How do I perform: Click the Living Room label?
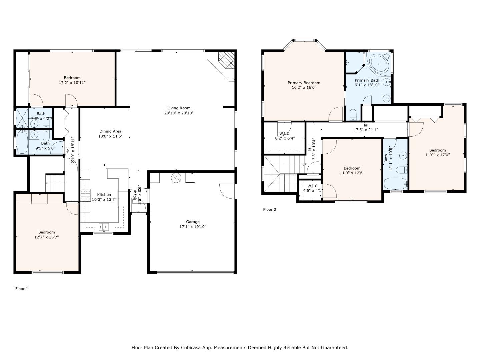[179, 108]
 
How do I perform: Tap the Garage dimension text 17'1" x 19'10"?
[193, 227]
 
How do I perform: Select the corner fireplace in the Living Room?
[227, 60]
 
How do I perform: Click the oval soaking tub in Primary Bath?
[379, 64]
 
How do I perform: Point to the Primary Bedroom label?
[304, 83]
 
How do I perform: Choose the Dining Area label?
[110, 131]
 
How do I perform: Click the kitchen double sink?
[104, 227]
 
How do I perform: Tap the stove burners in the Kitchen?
[86, 195]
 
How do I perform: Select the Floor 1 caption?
[22, 289]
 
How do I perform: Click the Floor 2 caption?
[269, 209]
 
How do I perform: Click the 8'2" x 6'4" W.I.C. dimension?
[285, 138]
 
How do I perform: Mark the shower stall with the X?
[22, 118]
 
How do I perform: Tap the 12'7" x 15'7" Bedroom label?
[46, 232]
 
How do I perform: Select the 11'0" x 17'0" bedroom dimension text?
[437, 155]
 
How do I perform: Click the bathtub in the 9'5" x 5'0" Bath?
[22, 142]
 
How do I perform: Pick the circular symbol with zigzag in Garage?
[176, 178]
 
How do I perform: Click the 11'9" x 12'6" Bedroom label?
[352, 168]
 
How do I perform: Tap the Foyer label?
[134, 195]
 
